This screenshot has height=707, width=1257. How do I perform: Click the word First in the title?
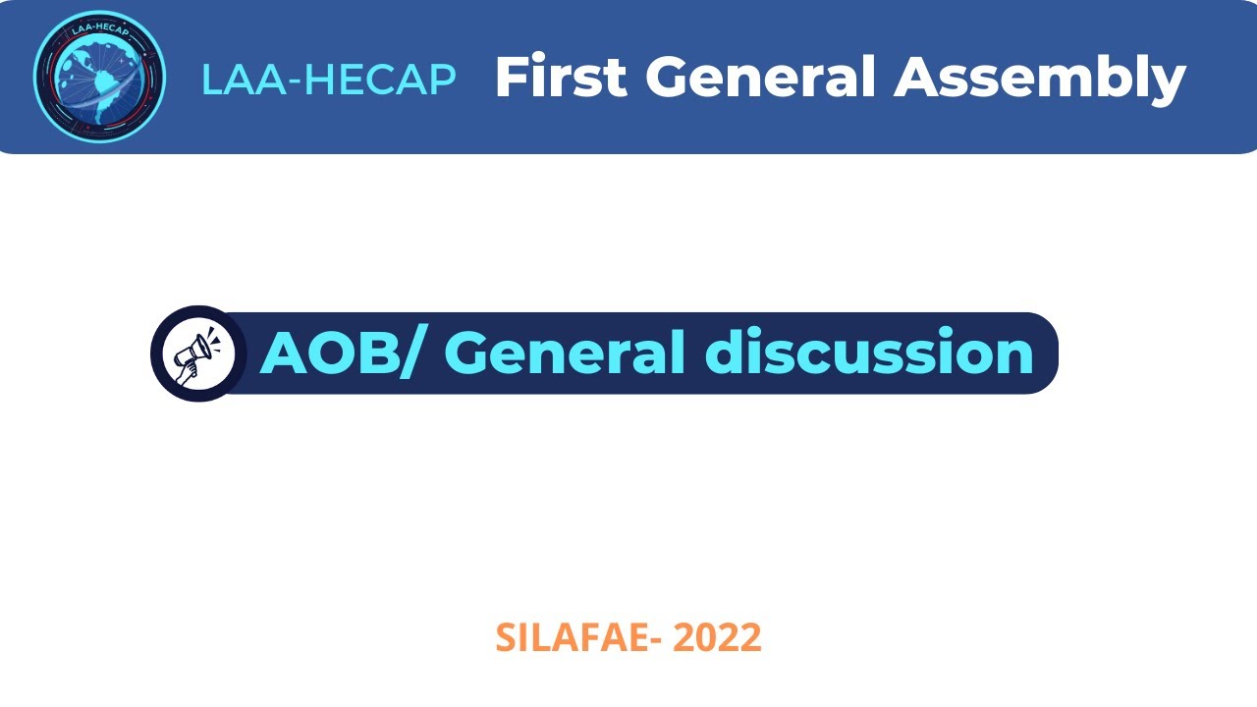pyautogui.click(x=561, y=77)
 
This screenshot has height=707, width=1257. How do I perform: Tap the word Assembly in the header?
pyautogui.click(x=1040, y=79)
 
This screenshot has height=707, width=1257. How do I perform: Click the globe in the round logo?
pyautogui.click(x=98, y=79)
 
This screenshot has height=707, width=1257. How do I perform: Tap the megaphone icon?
pyautogui.click(x=197, y=353)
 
